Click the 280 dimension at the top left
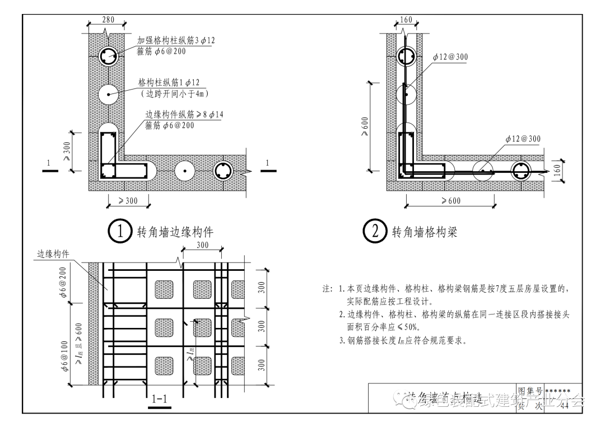[x=108, y=20]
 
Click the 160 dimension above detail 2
[x=406, y=20]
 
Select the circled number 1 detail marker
[x=120, y=232]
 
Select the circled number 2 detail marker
[x=375, y=232]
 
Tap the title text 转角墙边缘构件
[x=175, y=232]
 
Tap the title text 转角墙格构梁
[x=424, y=232]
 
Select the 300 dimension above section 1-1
[x=202, y=245]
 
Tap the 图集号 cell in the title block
[x=530, y=391]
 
